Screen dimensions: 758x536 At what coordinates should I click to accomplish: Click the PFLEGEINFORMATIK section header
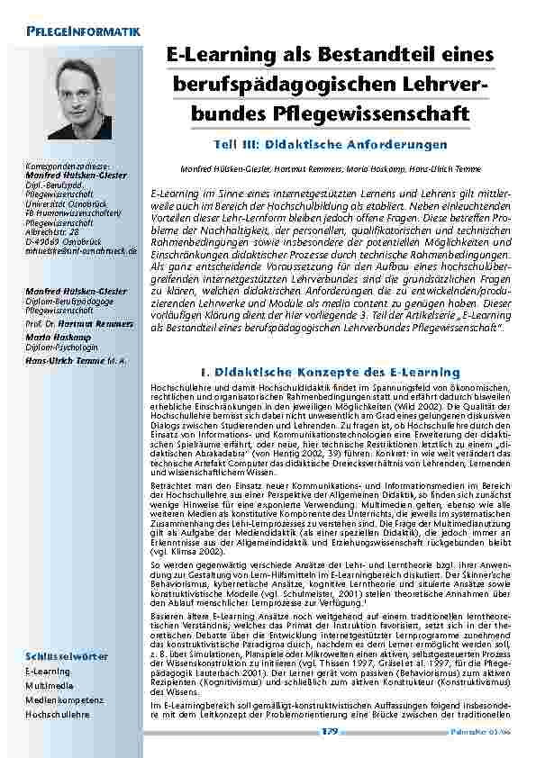click(84, 32)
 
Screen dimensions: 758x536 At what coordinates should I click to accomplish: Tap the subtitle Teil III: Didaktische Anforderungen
click(331, 144)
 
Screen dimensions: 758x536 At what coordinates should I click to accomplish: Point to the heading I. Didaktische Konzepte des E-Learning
click(331, 372)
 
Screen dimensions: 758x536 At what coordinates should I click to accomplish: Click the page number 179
click(331, 732)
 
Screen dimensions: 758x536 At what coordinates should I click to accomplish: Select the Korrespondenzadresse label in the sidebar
click(69, 167)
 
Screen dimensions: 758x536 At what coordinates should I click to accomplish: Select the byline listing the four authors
click(330, 168)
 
